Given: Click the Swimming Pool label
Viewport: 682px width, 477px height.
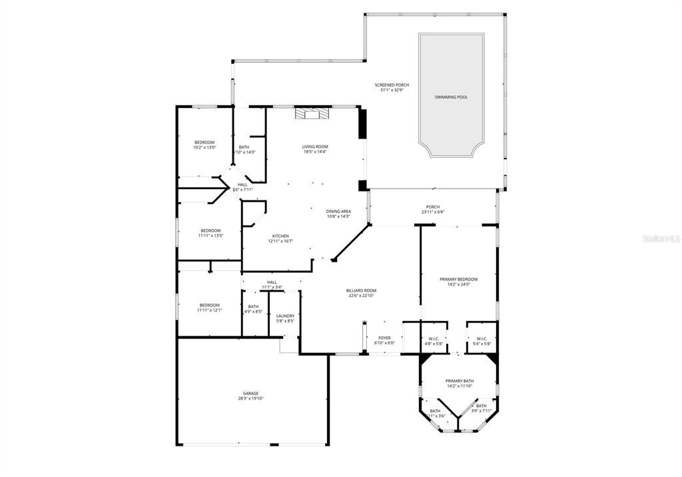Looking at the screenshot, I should (451, 97).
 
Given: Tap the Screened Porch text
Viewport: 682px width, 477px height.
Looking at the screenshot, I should (392, 85).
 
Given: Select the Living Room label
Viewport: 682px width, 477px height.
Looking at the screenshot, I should (315, 147).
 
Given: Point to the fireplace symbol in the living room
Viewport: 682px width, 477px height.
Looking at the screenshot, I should (312, 113).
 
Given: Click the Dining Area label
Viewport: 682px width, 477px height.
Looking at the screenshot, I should (338, 211).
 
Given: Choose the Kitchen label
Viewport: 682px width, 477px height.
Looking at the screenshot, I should (280, 237).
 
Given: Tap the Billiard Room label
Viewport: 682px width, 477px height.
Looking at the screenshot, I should (362, 290).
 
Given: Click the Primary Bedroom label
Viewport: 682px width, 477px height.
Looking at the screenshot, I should (458, 279).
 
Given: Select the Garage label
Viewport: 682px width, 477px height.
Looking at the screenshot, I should (250, 393).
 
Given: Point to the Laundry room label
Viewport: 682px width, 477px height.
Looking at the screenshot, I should (285, 316).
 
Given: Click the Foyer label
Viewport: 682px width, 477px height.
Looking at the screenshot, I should (385, 338).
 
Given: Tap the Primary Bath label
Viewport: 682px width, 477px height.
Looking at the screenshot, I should (460, 381).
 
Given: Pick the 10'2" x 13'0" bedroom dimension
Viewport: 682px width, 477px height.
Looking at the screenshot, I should (204, 148).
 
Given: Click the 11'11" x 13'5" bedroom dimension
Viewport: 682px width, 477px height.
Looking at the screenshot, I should (210, 236).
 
